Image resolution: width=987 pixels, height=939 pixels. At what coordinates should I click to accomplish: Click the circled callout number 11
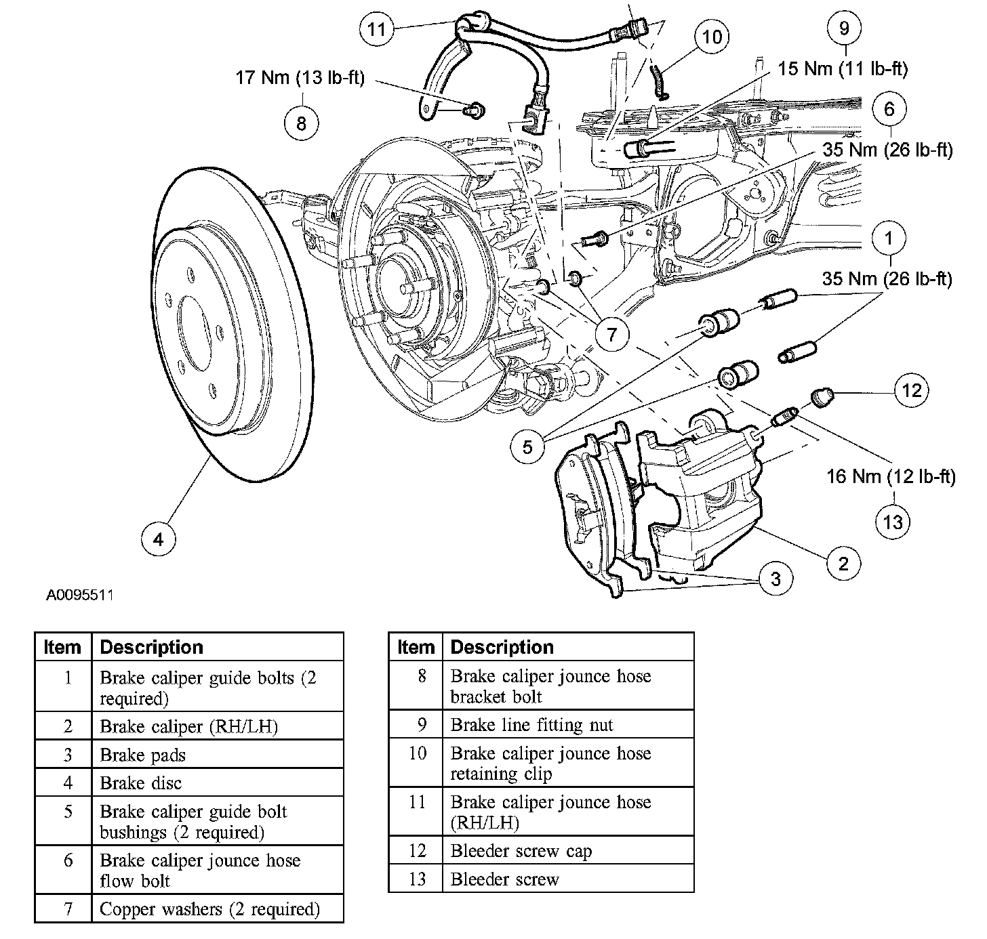click(377, 29)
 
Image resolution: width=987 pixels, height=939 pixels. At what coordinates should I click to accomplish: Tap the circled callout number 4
click(159, 539)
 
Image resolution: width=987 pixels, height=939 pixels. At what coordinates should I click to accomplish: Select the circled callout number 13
click(893, 522)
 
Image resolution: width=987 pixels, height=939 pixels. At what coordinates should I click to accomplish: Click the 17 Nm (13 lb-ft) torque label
click(300, 78)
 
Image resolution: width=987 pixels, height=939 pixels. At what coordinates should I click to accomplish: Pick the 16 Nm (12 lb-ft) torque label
click(891, 476)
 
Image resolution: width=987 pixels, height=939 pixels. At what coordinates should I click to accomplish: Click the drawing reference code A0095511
click(79, 595)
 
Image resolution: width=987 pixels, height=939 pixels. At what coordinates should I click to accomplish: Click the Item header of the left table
click(62, 647)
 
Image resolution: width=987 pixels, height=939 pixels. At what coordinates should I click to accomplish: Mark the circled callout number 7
click(612, 334)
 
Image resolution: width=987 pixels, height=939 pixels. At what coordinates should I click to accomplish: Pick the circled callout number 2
click(844, 563)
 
